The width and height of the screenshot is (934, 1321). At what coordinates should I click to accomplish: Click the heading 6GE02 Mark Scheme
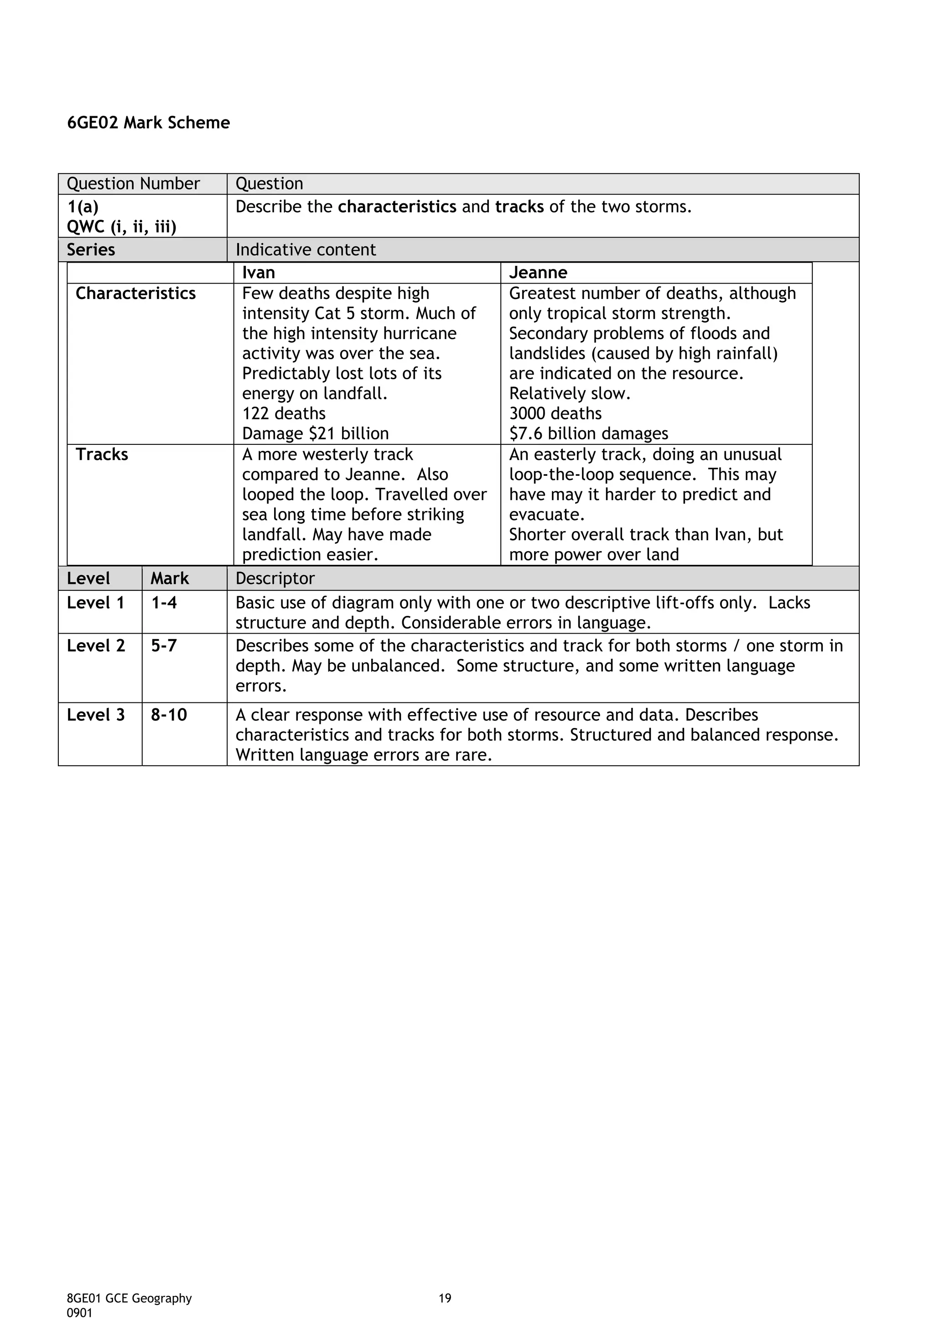[149, 123]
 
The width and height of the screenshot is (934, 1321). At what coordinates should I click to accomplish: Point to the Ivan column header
[259, 273]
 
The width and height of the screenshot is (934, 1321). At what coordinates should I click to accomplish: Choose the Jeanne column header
[538, 273]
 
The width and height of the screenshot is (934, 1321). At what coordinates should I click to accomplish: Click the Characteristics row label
[136, 294]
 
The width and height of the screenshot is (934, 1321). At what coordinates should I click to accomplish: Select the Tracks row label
[102, 454]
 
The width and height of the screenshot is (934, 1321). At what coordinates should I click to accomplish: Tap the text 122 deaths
[284, 414]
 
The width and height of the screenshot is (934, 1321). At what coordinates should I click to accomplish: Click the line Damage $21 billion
[315, 434]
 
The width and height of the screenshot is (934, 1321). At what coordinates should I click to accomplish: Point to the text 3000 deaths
[555, 414]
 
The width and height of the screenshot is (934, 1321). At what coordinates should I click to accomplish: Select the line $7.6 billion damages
[589, 434]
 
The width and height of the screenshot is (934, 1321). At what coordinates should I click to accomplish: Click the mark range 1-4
[164, 603]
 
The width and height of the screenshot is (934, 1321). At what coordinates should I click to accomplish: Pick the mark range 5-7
[164, 646]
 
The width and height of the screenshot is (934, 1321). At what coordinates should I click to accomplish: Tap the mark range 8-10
[169, 715]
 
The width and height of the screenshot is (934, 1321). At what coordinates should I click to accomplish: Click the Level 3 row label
[95, 715]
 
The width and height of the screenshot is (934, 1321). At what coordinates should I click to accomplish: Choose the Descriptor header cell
[275, 579]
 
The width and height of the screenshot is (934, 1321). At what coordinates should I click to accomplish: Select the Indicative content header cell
[306, 250]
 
